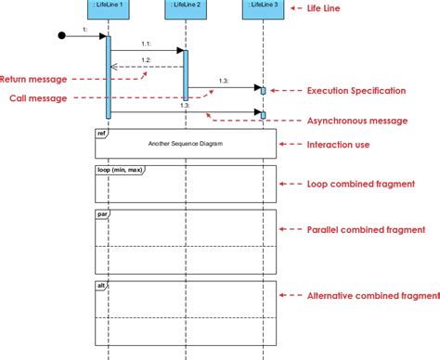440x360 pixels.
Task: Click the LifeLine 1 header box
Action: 110,7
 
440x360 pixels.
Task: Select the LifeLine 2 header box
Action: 186,7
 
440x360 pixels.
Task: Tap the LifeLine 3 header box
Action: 263,7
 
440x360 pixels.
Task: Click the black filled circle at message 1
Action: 62,37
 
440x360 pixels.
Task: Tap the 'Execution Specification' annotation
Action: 356,91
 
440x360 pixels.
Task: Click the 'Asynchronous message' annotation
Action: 356,121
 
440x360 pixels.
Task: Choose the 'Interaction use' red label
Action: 338,144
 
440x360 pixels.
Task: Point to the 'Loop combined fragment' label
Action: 362,185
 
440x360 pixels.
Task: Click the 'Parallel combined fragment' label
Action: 367,229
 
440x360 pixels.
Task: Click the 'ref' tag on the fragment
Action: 101,134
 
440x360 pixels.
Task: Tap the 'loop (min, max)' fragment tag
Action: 119,170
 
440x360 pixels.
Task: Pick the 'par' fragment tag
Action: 102,214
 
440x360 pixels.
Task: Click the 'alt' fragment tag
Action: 101,285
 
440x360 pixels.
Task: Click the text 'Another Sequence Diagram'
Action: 185,145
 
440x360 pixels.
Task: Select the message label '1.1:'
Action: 146,45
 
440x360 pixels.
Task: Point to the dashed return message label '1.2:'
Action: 146,60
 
